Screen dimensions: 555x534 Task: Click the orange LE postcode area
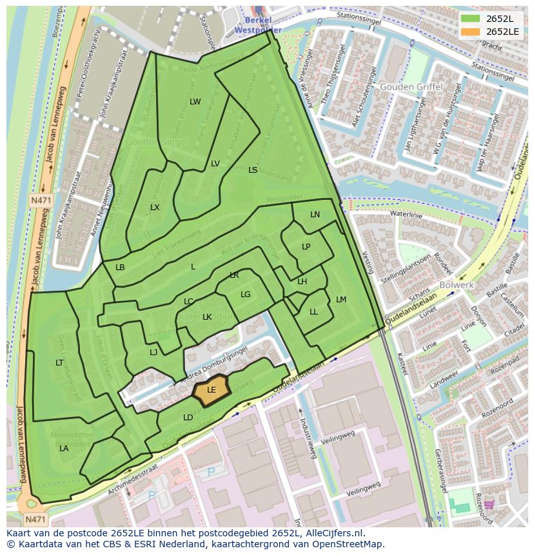point(212,391)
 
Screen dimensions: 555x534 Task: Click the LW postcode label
point(195,102)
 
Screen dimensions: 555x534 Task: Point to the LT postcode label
point(59,363)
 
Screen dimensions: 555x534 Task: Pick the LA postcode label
point(64,449)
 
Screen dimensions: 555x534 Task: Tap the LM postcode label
point(341,300)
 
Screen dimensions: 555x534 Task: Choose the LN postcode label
point(315,215)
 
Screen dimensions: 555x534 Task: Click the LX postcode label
point(155,208)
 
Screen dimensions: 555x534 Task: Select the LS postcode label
point(253,170)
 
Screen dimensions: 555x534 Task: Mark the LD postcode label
point(188,418)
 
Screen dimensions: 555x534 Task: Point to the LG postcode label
point(245,295)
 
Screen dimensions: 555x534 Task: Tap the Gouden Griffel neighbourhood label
point(411,86)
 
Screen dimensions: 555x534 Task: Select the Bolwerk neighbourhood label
point(456,284)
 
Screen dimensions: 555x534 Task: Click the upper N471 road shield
point(42,201)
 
